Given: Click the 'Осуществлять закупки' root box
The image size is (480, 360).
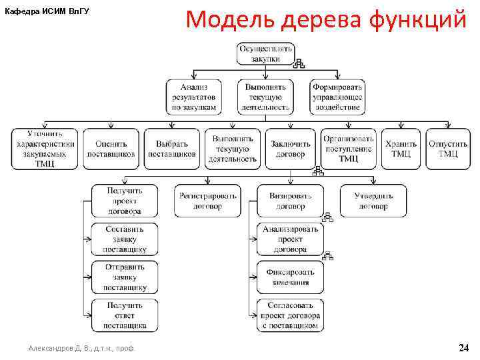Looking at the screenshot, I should [265, 53].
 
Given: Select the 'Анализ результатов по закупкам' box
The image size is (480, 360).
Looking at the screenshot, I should [193, 97].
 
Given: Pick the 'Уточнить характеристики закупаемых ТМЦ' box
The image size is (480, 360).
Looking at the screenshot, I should [45, 148].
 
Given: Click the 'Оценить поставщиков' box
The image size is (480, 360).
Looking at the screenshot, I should [111, 148].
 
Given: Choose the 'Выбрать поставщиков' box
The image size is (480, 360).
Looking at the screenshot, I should [171, 148].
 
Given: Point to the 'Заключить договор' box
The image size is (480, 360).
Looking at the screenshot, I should [290, 148].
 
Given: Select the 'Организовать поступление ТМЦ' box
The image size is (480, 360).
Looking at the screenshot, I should [349, 148].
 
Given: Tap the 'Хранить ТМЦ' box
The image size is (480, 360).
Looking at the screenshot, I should [401, 148].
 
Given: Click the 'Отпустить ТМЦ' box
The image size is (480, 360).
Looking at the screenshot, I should [447, 148].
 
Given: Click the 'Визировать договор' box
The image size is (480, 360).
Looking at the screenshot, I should [290, 201].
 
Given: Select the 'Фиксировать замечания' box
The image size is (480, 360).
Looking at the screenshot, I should [290, 277].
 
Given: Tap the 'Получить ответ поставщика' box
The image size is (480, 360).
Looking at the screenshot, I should [125, 315].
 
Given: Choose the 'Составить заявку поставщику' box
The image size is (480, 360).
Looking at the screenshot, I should [125, 239].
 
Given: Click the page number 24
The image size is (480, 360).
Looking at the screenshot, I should [463, 348].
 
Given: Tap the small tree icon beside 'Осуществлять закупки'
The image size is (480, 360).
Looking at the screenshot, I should [299, 64].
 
